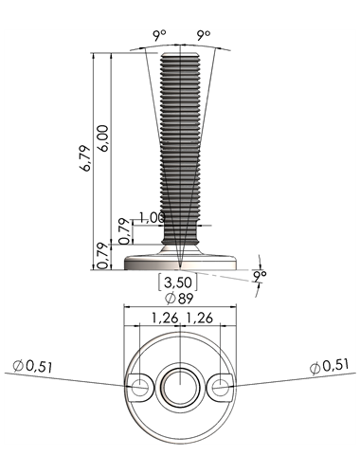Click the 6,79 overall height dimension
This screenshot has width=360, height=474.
pos(85,158)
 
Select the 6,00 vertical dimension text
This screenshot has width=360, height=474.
pos(103,138)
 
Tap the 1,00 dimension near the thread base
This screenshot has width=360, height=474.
pos(152,218)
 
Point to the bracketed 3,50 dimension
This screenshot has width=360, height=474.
pos(178,283)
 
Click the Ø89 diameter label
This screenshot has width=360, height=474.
pos(179,298)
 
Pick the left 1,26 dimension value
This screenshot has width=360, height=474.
pos(165,318)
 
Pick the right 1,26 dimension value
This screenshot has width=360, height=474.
pos(199,318)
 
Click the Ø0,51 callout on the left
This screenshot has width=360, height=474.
pos(32,367)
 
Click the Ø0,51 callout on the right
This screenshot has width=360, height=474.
pos(330,367)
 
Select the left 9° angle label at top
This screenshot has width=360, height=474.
pos(160,35)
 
